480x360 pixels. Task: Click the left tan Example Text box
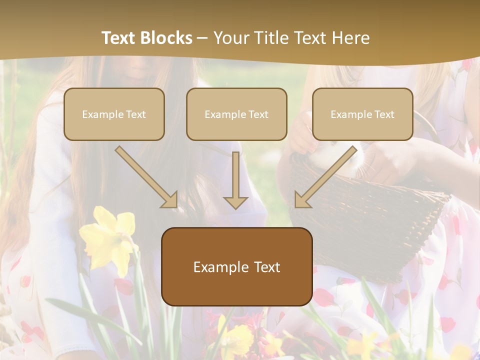coord(114,114)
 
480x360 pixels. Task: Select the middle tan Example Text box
coord(236,114)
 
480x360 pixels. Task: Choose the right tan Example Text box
coord(362,114)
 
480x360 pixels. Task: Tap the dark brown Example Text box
coord(236,266)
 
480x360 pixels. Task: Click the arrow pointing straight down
coord(235,180)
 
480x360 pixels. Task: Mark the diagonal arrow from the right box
coord(325,177)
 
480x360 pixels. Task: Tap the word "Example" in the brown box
coord(218,267)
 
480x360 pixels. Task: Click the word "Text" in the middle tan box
coord(258,114)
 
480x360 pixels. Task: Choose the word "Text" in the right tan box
coord(384,114)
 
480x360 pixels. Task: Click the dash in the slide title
coord(202,38)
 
